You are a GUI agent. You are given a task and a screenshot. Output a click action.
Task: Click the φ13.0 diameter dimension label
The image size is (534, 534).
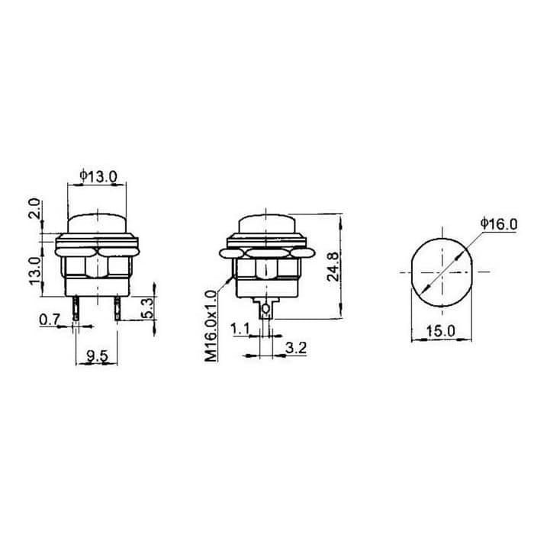(98, 176)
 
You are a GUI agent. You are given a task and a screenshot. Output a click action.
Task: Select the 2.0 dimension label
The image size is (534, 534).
(35, 208)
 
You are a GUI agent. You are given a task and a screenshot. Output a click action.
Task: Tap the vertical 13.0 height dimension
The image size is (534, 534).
(35, 272)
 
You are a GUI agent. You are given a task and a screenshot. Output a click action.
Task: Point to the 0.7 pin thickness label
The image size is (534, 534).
(50, 320)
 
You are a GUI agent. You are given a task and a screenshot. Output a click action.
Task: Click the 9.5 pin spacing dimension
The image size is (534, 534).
(98, 356)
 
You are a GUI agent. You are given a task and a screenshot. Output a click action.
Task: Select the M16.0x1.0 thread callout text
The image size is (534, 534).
(211, 326)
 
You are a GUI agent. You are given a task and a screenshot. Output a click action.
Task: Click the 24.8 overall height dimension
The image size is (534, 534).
(333, 267)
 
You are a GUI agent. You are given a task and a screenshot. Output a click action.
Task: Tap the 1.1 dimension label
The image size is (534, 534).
(240, 330)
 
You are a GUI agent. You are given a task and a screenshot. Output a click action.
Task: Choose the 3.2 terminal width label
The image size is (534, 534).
(296, 348)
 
